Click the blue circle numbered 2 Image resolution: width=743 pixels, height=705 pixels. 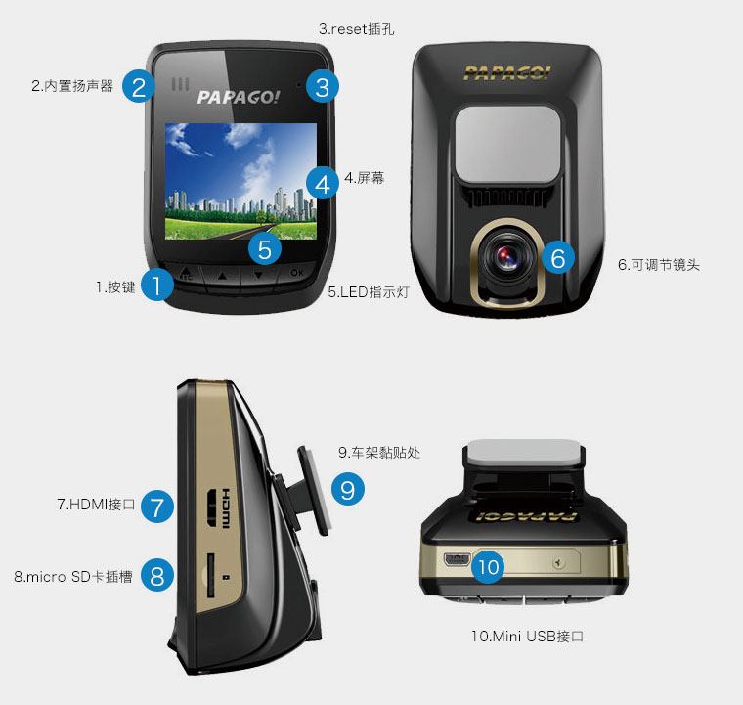click(139, 86)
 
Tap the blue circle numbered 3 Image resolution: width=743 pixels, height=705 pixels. click(323, 87)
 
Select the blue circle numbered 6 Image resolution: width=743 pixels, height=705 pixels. click(557, 257)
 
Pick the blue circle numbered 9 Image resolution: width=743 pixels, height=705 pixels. click(348, 489)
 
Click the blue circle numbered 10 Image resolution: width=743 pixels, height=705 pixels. click(488, 567)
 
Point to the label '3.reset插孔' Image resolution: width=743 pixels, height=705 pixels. click(356, 29)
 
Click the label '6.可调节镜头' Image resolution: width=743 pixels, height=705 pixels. click(659, 265)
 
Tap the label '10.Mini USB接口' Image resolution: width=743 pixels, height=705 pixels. click(527, 636)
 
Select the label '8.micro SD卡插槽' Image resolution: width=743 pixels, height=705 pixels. click(73, 577)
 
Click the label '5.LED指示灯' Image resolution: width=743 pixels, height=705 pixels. click(369, 291)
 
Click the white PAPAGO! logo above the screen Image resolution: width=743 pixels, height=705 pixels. click(238, 97)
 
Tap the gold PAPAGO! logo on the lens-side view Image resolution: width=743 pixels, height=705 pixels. click(506, 73)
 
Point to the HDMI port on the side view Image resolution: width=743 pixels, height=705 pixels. click(212, 507)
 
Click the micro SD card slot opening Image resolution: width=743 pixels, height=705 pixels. click(210, 575)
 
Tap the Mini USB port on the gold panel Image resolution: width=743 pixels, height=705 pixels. click(458, 559)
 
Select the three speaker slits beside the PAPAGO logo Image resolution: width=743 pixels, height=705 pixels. click(180, 84)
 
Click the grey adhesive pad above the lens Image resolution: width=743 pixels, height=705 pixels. click(507, 144)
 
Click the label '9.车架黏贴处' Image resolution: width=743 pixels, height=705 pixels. click(379, 453)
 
